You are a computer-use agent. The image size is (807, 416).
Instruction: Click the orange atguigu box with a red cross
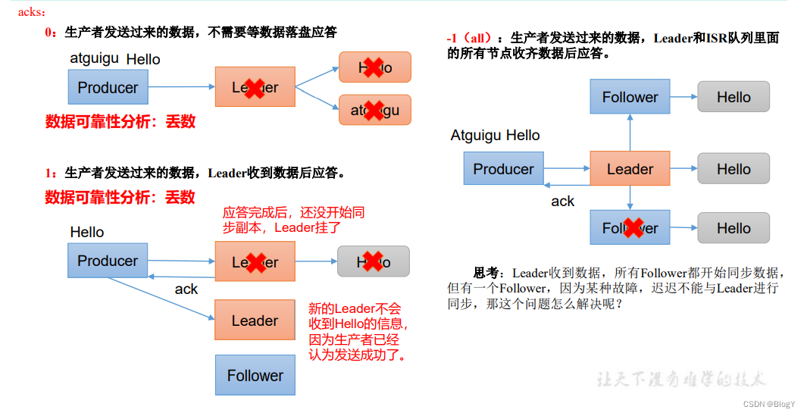pos(374,110)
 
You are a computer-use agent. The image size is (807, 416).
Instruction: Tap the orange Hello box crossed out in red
pos(374,67)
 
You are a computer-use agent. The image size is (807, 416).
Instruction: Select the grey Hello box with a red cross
pos(373,261)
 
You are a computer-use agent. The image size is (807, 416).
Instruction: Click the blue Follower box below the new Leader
pos(255,375)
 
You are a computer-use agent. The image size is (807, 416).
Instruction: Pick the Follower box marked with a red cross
pos(630,228)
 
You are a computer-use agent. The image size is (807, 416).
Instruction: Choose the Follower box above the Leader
pos(630,97)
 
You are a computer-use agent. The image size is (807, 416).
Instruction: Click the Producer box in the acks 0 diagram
pos(108,87)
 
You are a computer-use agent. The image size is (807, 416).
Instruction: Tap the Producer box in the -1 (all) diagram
pos(503,169)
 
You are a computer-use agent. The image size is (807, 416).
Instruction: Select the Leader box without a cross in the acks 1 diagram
pos(255,321)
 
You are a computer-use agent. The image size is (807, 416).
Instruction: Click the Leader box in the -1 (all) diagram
pos(630,169)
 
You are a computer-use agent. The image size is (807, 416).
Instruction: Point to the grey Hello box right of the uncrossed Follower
pos(733,97)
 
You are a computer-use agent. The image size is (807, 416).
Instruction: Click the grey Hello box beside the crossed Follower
pos(733,228)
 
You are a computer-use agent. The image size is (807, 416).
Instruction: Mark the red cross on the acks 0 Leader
pos(255,88)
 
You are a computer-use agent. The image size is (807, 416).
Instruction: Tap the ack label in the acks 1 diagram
pos(186,289)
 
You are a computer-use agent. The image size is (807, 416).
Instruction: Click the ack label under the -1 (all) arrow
pos(562,201)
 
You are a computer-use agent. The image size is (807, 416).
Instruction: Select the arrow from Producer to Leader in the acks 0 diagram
pos(181,86)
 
